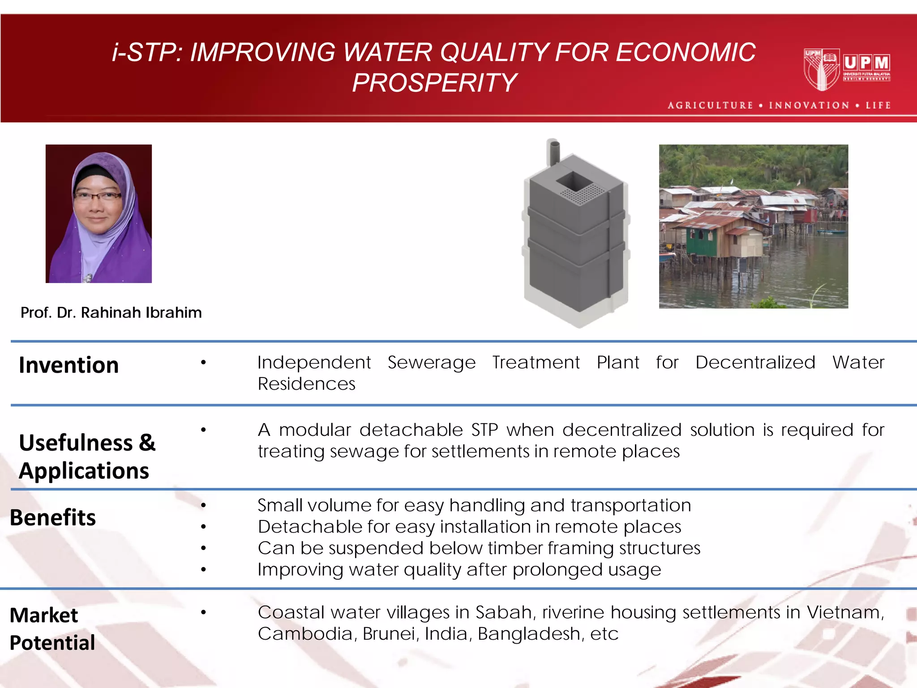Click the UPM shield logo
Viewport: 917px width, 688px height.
822,69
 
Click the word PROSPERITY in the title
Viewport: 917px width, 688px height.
434,83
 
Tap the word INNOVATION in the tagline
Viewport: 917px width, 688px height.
809,105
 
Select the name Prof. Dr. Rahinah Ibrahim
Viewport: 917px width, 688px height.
111,313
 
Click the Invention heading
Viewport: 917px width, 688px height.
69,365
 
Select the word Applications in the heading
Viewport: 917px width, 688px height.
84,471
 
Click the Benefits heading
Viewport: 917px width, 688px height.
53,517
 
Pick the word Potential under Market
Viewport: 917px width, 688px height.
52,643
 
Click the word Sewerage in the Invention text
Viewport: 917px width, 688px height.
431,362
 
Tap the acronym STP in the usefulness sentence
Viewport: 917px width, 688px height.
484,430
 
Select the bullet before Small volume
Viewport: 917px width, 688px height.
203,505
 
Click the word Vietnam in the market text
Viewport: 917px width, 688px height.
845,612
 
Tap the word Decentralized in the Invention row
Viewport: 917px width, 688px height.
755,362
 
